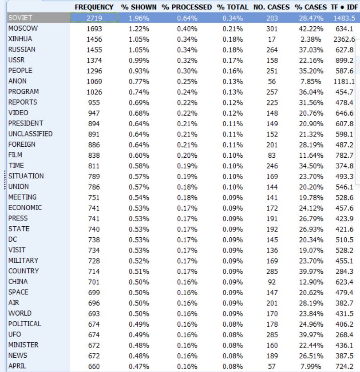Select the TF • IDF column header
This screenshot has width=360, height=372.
coord(343,8)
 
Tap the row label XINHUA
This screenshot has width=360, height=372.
coord(18,39)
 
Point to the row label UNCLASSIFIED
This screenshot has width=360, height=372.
coord(30,134)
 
